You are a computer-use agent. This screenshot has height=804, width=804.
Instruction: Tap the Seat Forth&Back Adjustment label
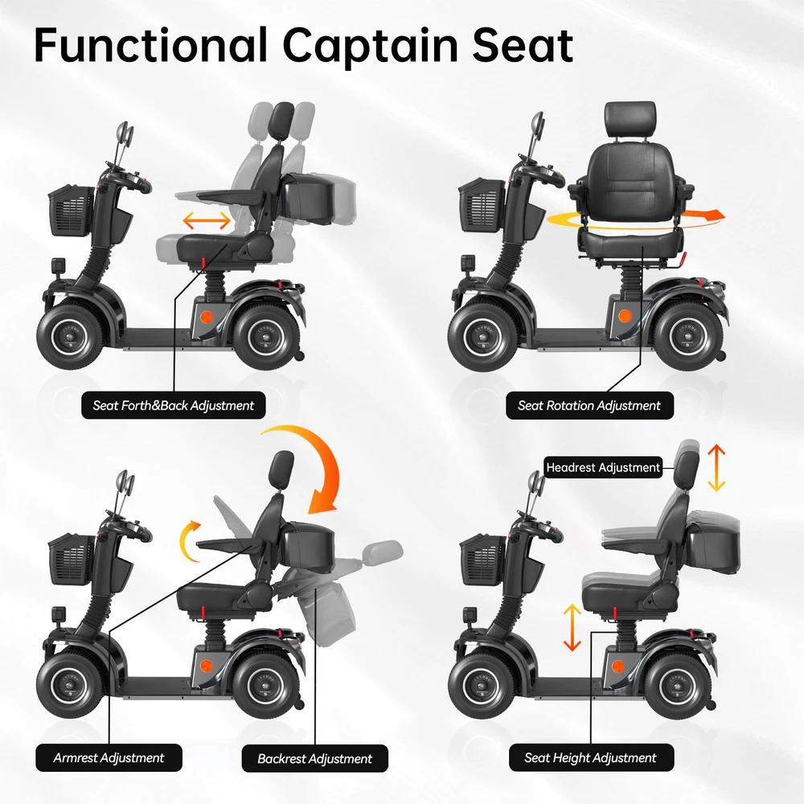pos(174,405)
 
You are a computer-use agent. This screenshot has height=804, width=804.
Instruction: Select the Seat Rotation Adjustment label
pos(589,405)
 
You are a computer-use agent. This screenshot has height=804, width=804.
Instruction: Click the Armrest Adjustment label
pos(109,758)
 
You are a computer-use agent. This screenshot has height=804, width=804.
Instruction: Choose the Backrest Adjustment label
pos(315,758)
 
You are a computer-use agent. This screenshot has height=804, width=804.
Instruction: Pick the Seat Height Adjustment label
pos(591,757)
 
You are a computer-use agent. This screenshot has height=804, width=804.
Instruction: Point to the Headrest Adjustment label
pos(603,467)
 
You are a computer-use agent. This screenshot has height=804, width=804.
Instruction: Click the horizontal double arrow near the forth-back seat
pos(207,220)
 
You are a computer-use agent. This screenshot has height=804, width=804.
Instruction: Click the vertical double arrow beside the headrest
pos(716,468)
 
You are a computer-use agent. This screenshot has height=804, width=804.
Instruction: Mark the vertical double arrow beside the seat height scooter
pos(572,627)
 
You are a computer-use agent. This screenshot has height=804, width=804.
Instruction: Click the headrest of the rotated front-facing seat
pos(630,120)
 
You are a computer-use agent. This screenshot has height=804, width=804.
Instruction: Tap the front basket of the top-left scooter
pos(72,210)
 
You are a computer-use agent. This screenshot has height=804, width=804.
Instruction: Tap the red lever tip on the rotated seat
pos(683,257)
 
